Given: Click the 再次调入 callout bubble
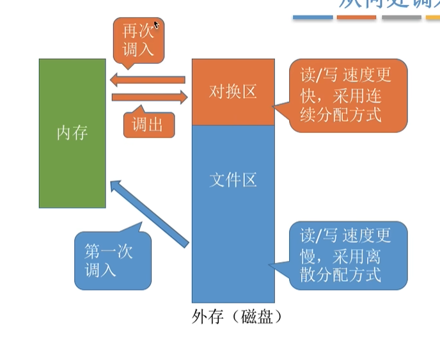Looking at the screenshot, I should click(138, 40).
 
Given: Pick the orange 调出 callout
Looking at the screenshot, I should click(148, 125).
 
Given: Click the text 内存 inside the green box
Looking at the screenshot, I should click(72, 133).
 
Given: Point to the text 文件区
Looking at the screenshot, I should click(233, 180).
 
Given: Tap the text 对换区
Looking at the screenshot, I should click(233, 92).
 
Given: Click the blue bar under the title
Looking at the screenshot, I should click(313, 17).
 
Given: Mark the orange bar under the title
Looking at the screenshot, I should click(357, 17).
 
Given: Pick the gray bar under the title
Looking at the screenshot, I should click(402, 17).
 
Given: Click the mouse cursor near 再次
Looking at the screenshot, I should click(156, 25).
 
